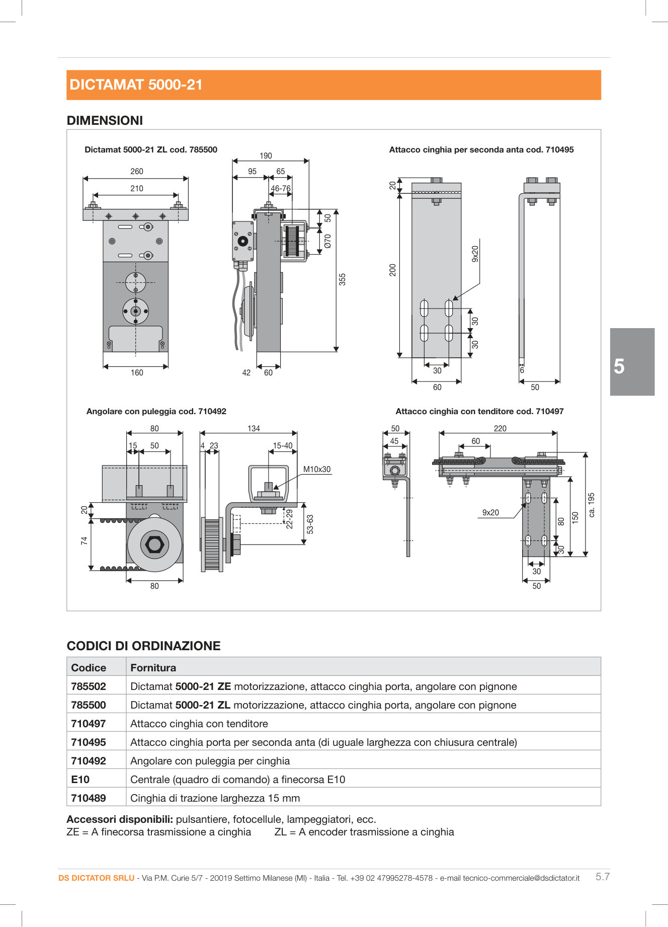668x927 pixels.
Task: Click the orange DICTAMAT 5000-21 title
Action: (x=136, y=85)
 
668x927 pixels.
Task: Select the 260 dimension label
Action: (x=137, y=171)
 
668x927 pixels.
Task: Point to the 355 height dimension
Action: (x=343, y=279)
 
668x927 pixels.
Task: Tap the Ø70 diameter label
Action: (x=328, y=241)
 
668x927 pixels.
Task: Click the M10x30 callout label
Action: (x=317, y=469)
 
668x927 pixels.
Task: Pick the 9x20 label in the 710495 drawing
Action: (x=475, y=254)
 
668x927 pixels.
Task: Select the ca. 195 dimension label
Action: (x=592, y=504)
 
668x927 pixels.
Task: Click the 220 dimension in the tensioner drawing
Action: (x=500, y=428)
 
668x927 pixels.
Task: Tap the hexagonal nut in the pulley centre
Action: (x=154, y=545)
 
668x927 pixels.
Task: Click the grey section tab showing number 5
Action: (x=632, y=362)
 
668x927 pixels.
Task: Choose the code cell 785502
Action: (x=89, y=686)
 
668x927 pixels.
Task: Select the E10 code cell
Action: (x=80, y=779)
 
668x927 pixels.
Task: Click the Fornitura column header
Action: (x=153, y=667)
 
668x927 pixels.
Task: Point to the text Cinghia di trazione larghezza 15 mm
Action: (x=215, y=798)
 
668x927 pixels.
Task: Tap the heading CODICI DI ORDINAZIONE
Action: (x=143, y=646)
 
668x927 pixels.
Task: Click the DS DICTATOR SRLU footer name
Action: (x=96, y=878)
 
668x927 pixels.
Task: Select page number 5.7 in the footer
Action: (x=603, y=877)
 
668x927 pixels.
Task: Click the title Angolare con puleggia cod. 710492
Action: (x=156, y=411)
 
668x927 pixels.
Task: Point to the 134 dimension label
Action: (x=254, y=428)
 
